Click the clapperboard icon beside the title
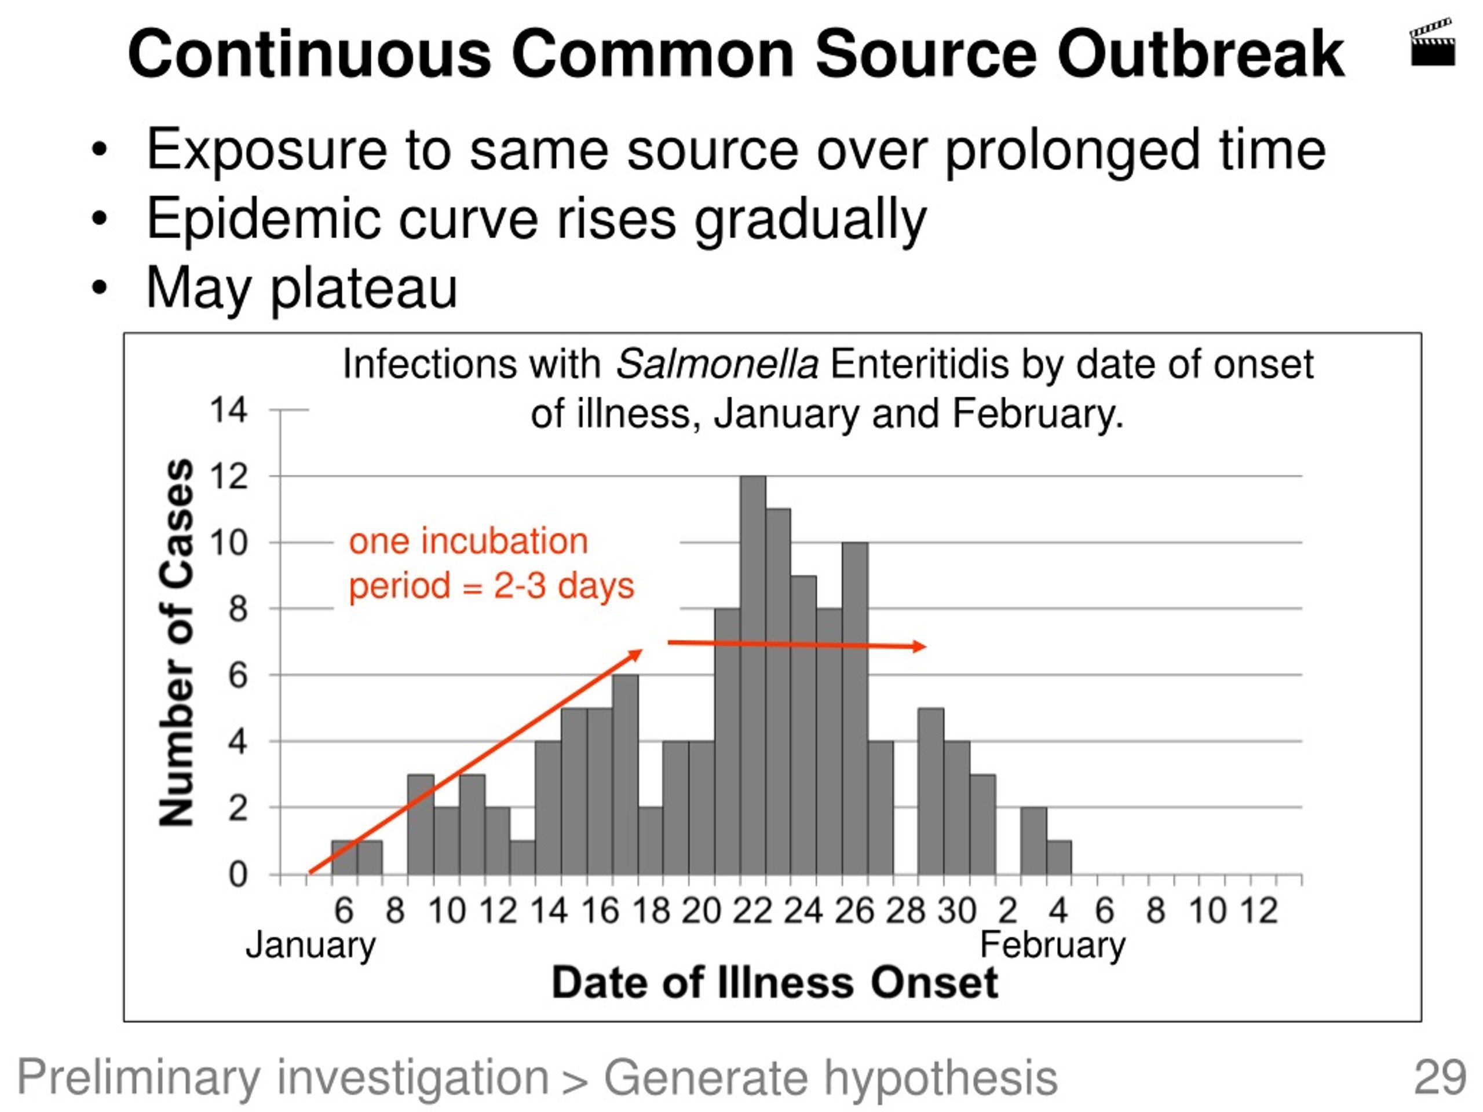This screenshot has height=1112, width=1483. point(1433,43)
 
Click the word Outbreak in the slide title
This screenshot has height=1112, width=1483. point(1201,54)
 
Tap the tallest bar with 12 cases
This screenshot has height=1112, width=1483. point(753,674)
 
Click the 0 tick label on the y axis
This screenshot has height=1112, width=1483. point(238,875)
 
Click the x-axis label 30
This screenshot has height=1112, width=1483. point(957,911)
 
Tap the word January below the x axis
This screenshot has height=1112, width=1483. point(311,946)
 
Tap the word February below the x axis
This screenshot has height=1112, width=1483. point(1053,946)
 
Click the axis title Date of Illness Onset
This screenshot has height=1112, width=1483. point(775,983)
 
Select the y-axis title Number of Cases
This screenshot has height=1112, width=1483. point(176,642)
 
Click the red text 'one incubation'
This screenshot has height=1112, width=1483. point(468,541)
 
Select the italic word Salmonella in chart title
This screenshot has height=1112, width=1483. point(717,365)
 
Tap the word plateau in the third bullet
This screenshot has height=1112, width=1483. point(363,288)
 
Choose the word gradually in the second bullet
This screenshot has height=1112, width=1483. point(810,219)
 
